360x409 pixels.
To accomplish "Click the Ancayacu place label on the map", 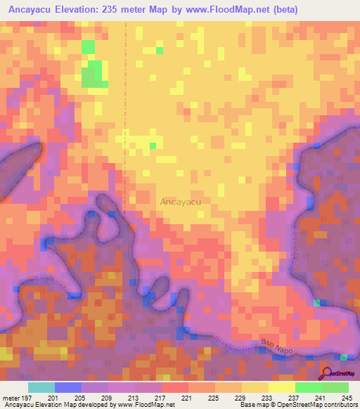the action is pyautogui.click(x=181, y=202).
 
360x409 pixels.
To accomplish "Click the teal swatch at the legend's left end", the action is pyautogui.click(x=41, y=387).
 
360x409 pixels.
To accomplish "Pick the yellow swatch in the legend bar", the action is pyautogui.click(x=282, y=387).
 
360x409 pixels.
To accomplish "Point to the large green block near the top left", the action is pyautogui.click(x=93, y=74).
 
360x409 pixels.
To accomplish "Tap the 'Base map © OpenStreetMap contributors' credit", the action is pyautogui.click(x=297, y=405).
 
